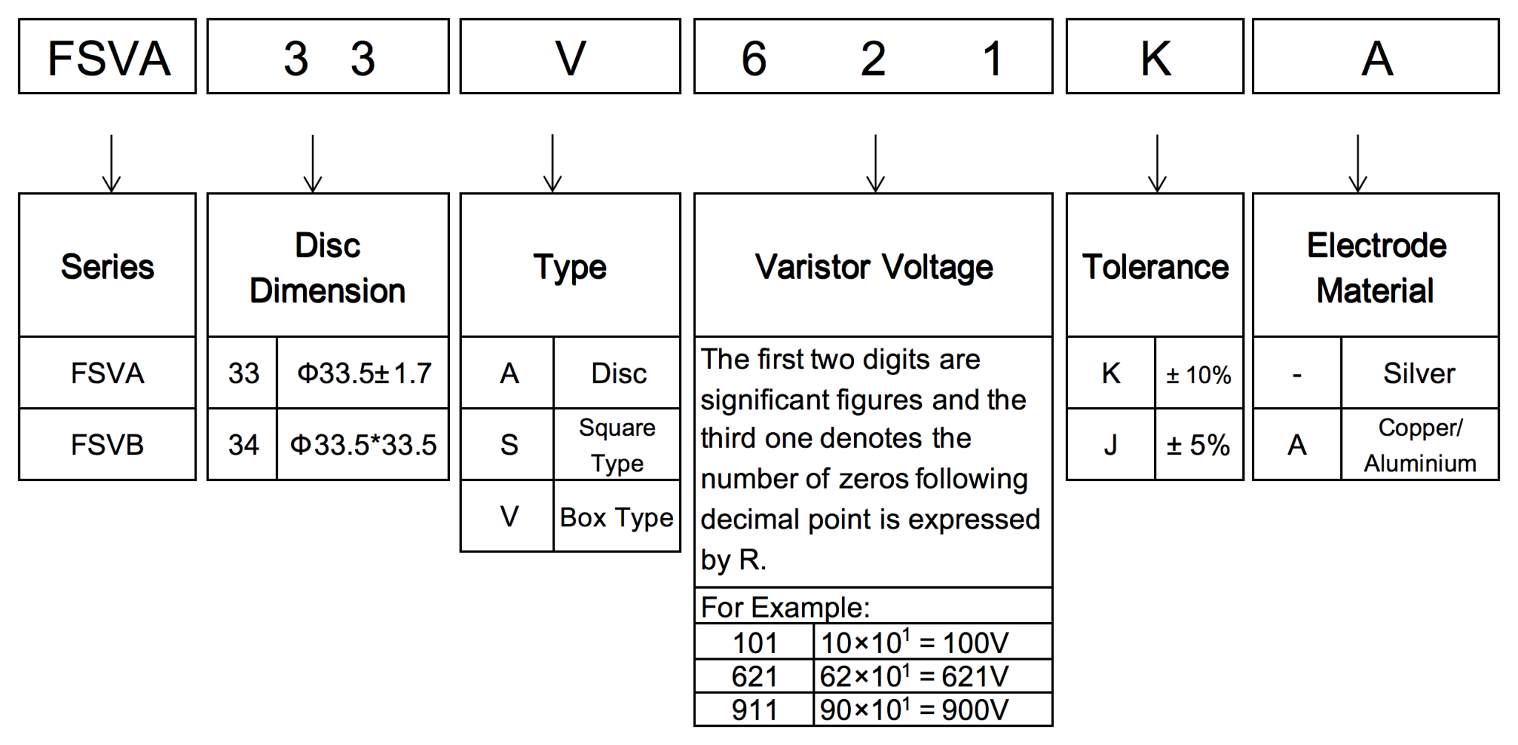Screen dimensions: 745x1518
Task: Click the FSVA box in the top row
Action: pos(107,57)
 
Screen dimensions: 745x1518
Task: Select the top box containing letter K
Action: pos(1155,57)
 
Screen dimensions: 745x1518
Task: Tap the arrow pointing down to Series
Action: pos(111,163)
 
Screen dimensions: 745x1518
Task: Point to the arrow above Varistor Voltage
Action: pos(875,163)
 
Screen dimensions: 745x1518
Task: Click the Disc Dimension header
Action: pos(328,267)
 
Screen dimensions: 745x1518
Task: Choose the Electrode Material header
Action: pos(1376,267)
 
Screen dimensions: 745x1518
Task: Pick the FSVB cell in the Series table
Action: pos(107,445)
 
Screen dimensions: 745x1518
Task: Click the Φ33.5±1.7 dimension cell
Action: pos(363,373)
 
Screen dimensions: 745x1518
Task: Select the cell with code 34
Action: pos(243,445)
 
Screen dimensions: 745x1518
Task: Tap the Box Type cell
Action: pos(617,517)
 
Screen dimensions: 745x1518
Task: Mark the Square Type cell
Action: pos(617,445)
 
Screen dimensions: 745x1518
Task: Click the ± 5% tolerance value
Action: pos(1199,445)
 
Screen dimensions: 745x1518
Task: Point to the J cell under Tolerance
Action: pos(1110,445)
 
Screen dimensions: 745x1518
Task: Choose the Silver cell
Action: pos(1419,373)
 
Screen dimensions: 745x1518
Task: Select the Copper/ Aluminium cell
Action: pos(1419,445)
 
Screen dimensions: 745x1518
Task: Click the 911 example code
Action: pos(755,710)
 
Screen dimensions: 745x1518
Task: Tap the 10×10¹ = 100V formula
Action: pos(914,642)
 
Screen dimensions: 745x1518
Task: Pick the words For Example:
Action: pos(785,607)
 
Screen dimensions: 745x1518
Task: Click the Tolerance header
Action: pos(1155,267)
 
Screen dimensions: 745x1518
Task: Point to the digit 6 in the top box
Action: pos(754,59)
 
